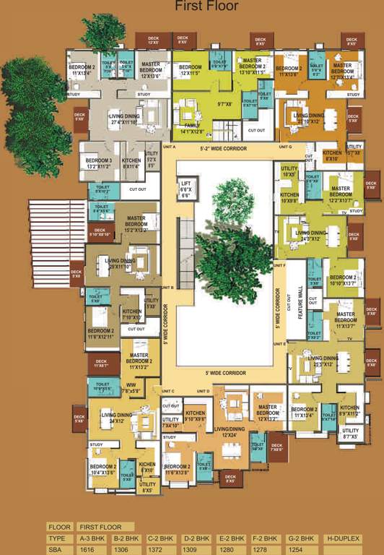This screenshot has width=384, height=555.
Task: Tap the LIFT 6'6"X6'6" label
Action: (186, 189)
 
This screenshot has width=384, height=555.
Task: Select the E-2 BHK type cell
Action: (232, 539)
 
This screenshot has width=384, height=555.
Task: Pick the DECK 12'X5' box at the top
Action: (152, 40)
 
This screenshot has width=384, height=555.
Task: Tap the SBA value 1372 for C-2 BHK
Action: (158, 550)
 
